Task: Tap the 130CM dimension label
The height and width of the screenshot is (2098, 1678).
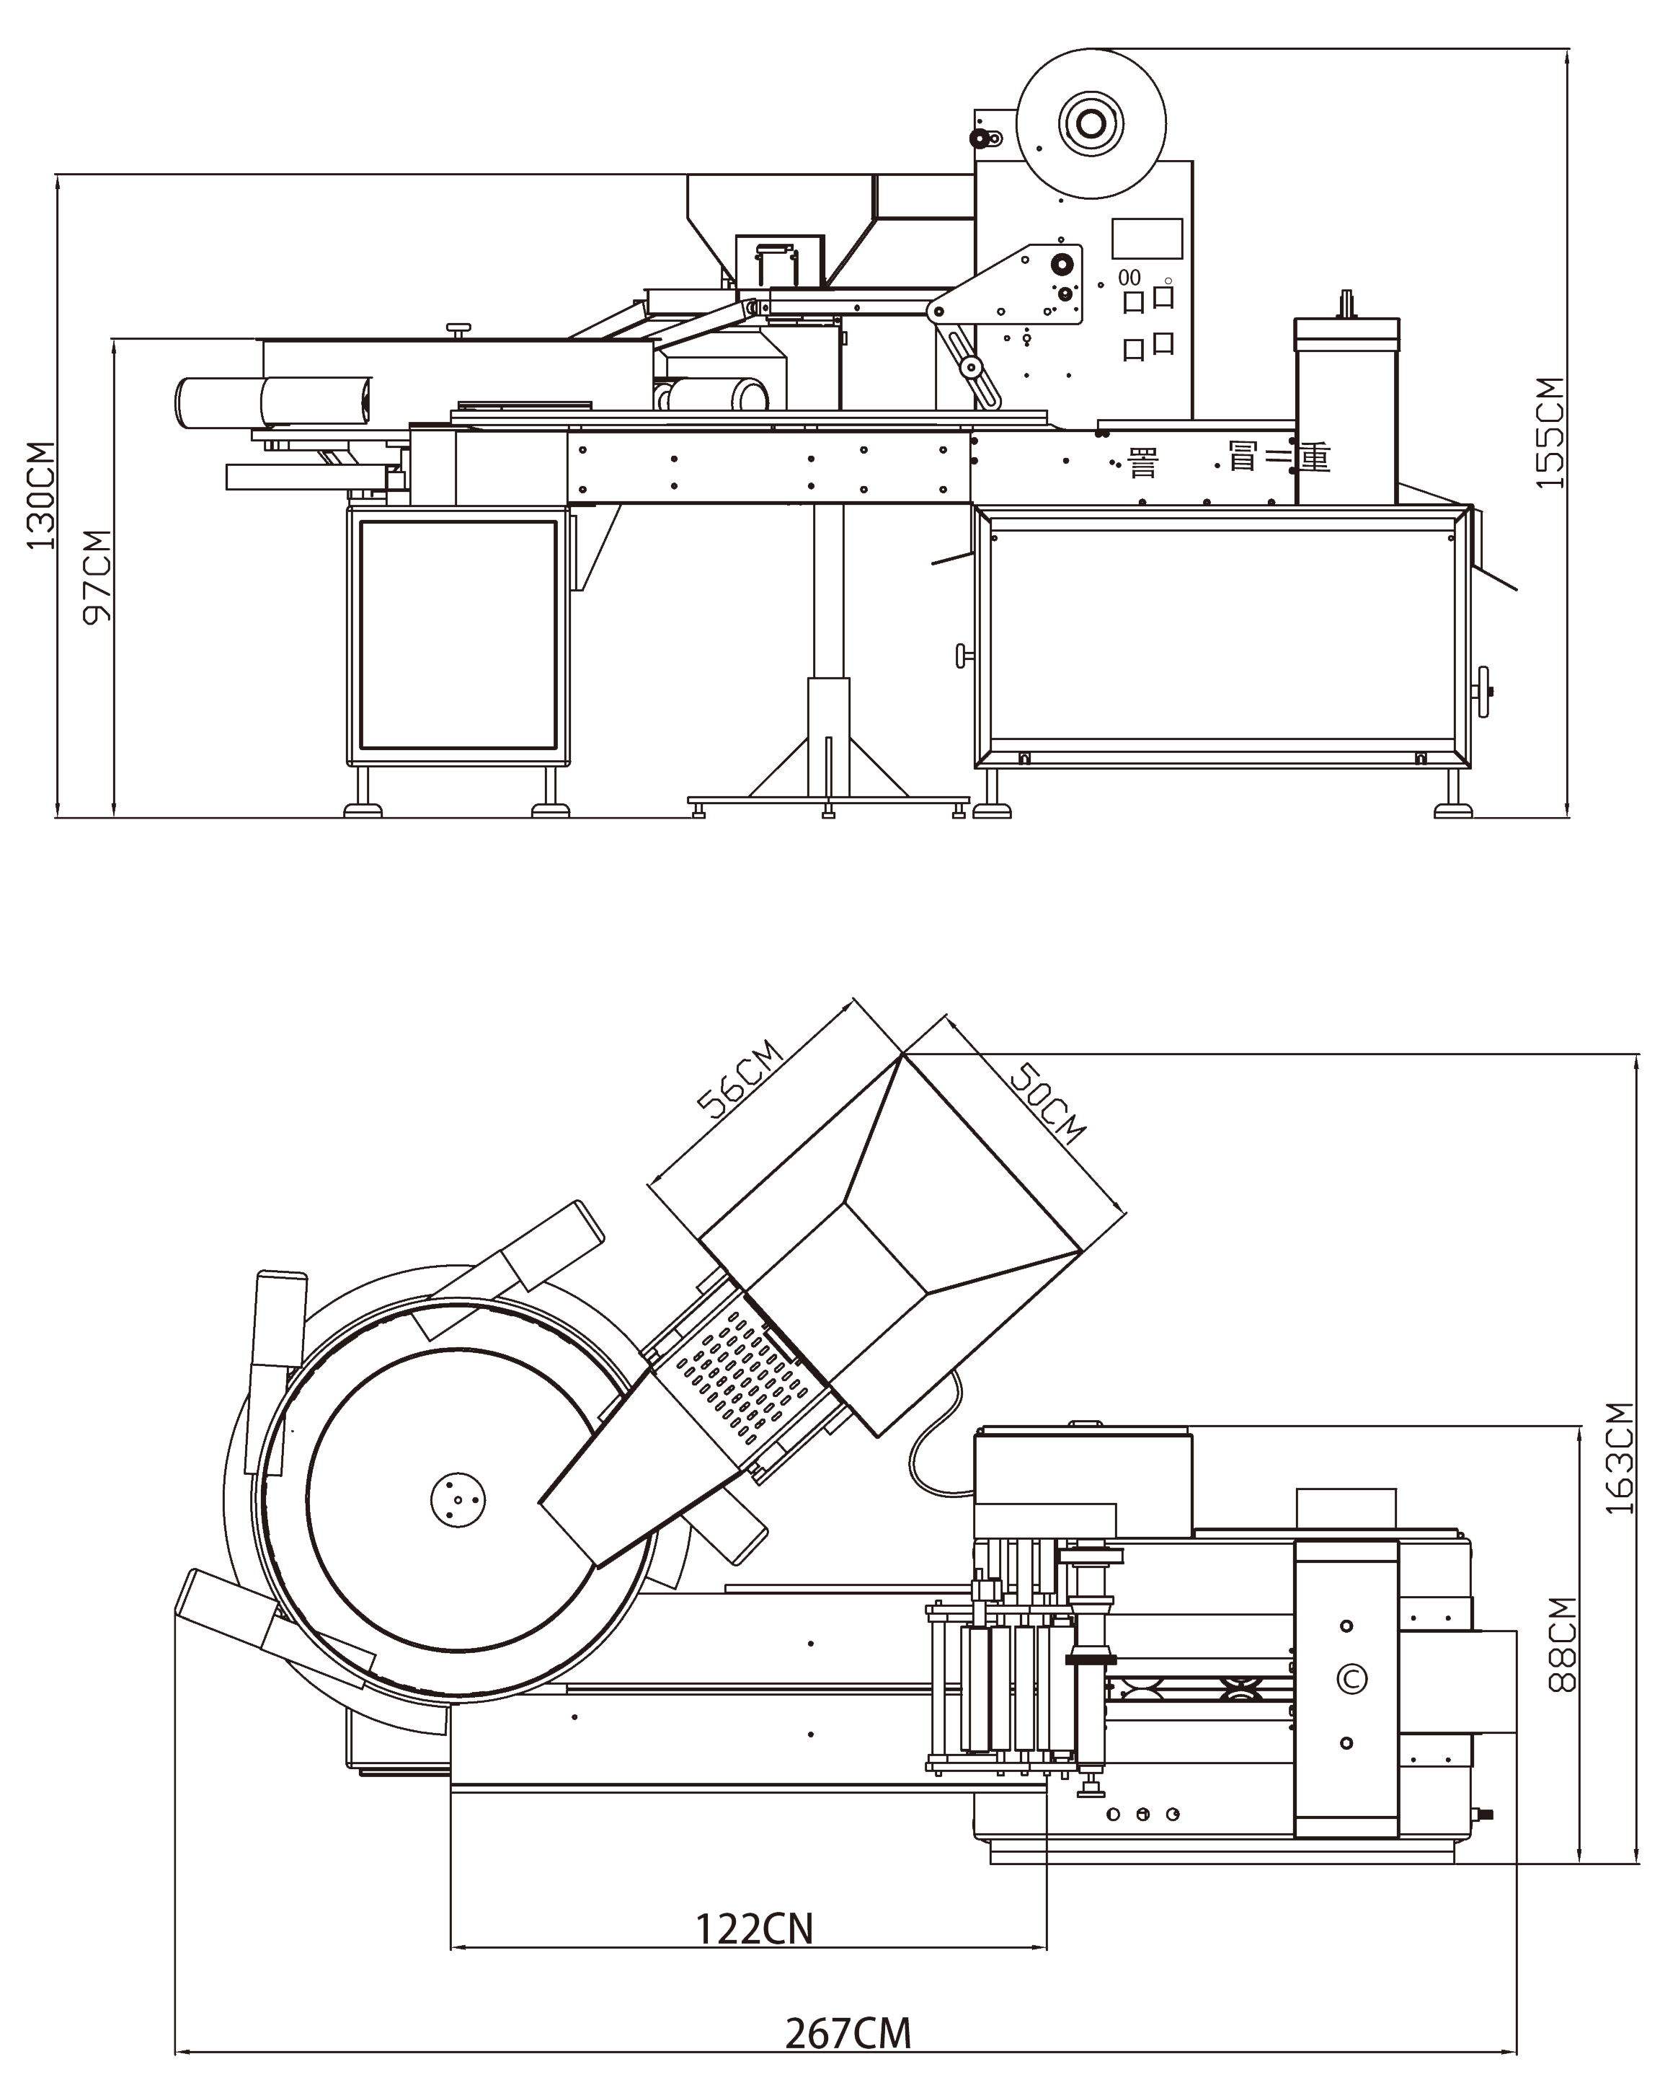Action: (41, 495)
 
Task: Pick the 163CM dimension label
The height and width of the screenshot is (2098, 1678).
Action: (1619, 1457)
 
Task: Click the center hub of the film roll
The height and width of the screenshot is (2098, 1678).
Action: (1091, 123)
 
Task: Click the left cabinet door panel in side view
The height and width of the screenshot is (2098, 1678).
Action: (457, 633)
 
